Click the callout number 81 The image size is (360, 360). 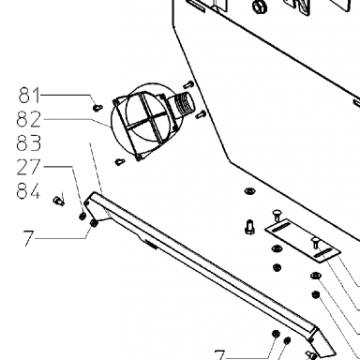(x=30, y=96)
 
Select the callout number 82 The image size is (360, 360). (x=29, y=119)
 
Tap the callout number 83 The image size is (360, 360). (x=29, y=143)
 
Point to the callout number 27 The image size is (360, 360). (x=29, y=167)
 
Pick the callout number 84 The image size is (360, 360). (x=28, y=191)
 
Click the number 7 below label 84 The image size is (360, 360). (x=28, y=238)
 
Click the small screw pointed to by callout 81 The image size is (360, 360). (x=97, y=108)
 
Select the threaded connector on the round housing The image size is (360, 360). (x=185, y=104)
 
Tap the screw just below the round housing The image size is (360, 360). (x=120, y=162)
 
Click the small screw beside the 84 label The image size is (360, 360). (x=58, y=201)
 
